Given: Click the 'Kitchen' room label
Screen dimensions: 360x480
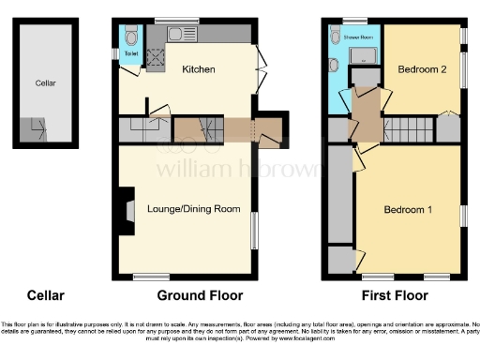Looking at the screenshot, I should coord(198,69).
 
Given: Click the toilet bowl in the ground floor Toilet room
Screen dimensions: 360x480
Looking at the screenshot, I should coord(130,37).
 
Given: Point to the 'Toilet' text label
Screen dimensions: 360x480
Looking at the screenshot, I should coord(130,53).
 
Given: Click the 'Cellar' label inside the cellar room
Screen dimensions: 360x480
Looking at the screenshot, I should coord(45,83).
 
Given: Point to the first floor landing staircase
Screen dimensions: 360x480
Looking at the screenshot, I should coord(409,127).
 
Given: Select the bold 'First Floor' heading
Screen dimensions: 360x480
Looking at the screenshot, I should coord(389,296).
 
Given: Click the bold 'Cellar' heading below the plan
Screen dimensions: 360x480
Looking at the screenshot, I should coord(45,296).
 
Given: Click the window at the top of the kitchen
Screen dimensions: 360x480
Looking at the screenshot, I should coord(170,21).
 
